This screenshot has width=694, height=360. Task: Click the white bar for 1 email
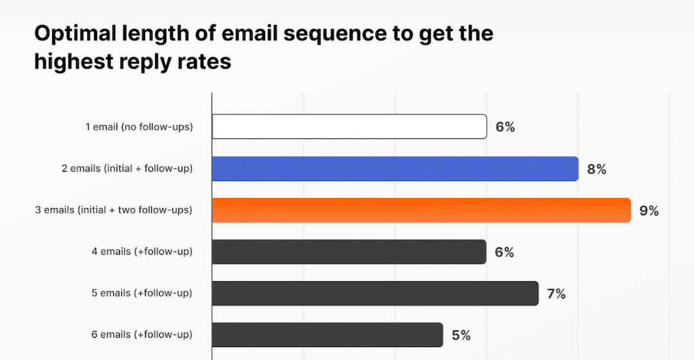click(349, 126)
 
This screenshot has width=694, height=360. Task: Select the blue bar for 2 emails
click(394, 168)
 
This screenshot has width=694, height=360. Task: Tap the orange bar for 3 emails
click(421, 210)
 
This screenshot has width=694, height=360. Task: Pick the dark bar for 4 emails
click(349, 252)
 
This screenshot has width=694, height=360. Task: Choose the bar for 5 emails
click(375, 294)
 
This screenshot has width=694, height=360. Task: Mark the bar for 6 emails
click(323, 334)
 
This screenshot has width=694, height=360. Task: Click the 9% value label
click(649, 211)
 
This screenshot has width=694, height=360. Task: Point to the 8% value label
click(596, 169)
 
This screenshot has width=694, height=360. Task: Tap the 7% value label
click(556, 294)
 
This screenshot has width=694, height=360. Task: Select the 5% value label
click(461, 335)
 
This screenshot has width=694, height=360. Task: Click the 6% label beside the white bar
click(505, 127)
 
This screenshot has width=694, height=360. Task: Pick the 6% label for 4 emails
click(504, 253)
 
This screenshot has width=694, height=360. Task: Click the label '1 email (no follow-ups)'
click(139, 127)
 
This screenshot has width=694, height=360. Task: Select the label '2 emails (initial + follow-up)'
click(127, 169)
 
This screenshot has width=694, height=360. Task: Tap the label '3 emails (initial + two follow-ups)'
click(114, 211)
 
